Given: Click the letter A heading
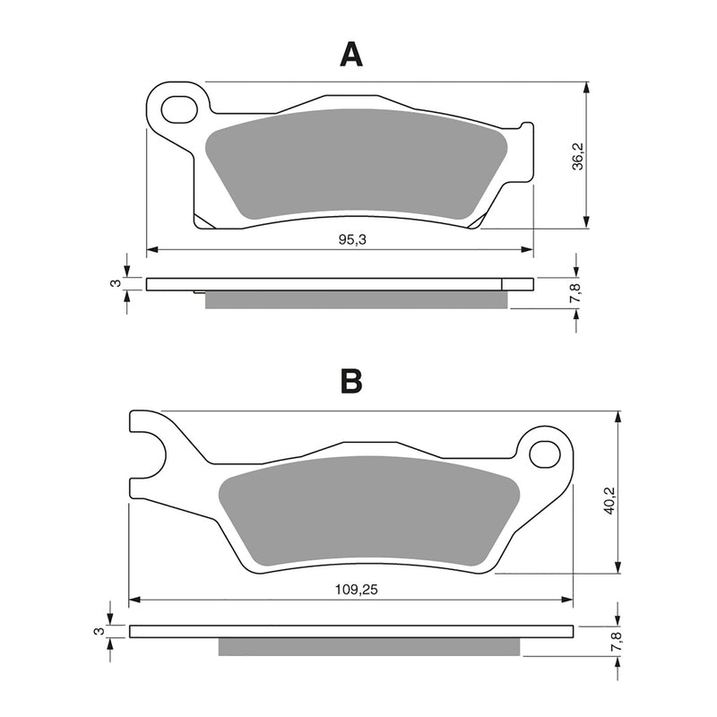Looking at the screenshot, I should pos(351,56).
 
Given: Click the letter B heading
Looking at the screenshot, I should pos(351,382).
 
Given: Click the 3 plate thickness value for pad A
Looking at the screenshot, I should pos(115,283).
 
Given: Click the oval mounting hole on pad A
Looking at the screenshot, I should pos(178,109).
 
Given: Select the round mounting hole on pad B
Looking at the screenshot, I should pos(544,454).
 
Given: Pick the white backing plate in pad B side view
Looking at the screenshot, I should pos(350,631).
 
